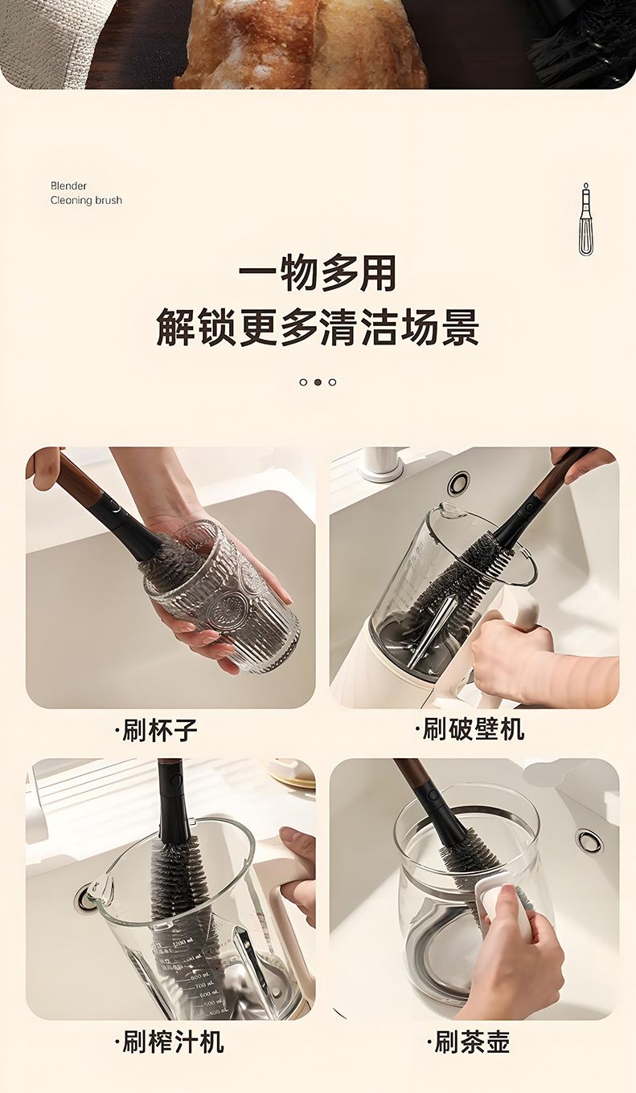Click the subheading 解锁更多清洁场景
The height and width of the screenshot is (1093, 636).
(318, 327)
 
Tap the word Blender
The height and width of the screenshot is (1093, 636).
(68, 186)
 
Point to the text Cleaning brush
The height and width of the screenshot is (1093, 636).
(86, 200)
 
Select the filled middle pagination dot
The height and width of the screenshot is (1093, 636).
(318, 382)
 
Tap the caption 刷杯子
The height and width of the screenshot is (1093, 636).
(156, 731)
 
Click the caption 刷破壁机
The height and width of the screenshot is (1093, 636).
(470, 729)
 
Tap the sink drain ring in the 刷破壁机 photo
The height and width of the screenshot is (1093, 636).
(459, 483)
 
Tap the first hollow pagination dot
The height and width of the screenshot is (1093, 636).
(303, 382)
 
